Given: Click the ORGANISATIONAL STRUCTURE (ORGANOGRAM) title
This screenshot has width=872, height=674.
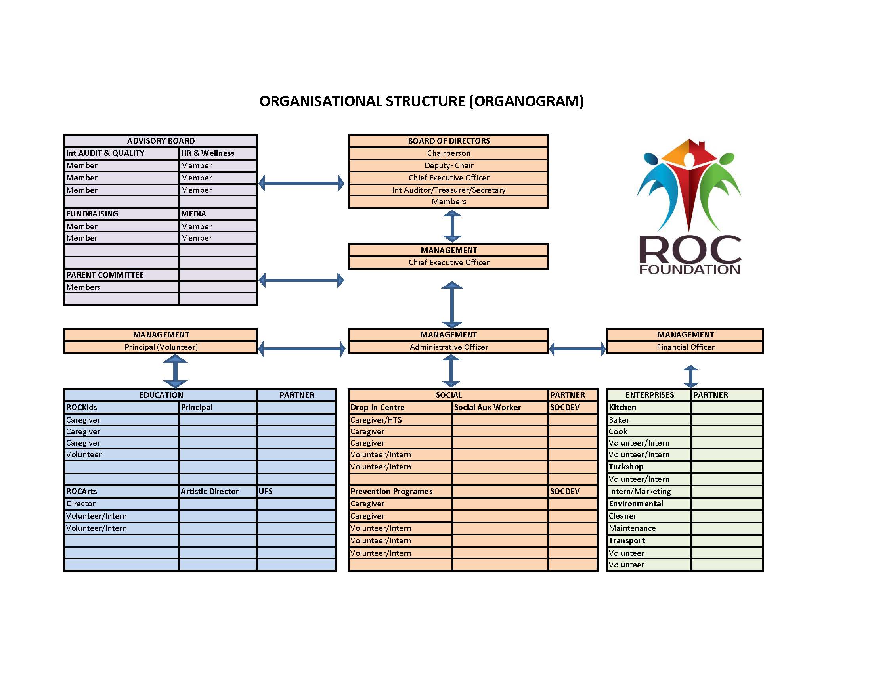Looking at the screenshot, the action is coord(421,101).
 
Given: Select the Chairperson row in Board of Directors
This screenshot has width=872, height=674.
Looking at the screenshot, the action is coord(448,153).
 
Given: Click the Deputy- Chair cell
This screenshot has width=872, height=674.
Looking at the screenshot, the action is coord(448,166).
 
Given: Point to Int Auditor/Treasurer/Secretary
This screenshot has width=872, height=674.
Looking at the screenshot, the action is coord(448,190).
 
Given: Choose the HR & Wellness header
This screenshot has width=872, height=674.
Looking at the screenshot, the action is coord(218,153).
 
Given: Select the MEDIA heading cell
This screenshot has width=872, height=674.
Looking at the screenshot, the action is coord(218,214).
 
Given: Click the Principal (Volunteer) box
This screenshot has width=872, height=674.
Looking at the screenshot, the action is coord(161,347).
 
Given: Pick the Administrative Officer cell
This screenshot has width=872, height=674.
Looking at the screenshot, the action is coord(448,347).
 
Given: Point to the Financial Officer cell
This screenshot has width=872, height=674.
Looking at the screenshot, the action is coord(685,347).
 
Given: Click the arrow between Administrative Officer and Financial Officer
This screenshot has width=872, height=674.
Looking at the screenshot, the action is coord(578,349).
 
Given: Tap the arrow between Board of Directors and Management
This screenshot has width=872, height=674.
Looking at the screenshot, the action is coord(452,226).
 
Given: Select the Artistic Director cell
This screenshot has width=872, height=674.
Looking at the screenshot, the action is coord(218,492).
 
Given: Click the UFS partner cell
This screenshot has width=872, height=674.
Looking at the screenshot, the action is coord(296,492).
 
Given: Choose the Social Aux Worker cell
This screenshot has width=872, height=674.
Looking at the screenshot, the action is coord(500,407).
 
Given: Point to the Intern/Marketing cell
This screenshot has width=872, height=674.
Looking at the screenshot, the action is coord(649,492).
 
